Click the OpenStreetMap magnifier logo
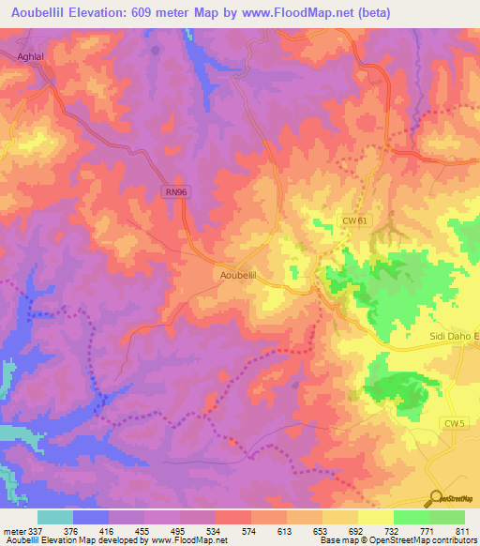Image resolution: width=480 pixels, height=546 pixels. (x=437, y=498)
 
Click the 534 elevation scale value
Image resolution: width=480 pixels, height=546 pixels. (x=215, y=530)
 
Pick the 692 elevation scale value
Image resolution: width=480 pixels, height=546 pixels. (x=358, y=530)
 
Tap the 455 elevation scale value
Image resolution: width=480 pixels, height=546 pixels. (x=142, y=530)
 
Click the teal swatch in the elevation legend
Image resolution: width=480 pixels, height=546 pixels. (x=54, y=517)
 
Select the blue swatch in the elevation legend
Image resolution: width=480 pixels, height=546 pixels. (x=90, y=517)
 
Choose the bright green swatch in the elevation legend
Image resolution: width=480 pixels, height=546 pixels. (x=411, y=517)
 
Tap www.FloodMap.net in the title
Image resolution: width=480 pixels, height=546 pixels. (x=298, y=12)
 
